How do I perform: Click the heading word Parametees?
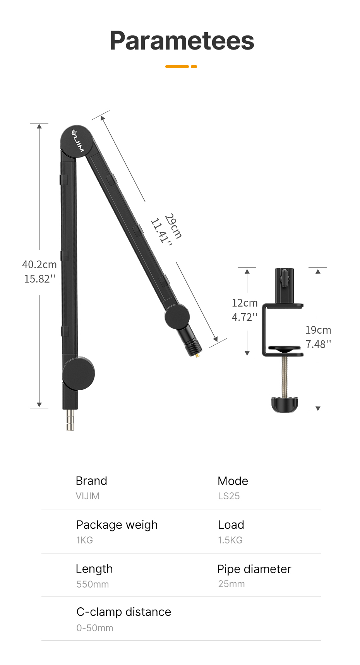click(182, 41)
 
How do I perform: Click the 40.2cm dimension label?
click(39, 264)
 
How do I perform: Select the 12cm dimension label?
click(245, 303)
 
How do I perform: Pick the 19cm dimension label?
click(318, 330)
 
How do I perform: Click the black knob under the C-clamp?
click(285, 404)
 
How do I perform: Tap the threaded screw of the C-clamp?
click(285, 376)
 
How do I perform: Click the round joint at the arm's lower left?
click(79, 374)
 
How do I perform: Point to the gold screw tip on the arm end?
click(197, 355)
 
